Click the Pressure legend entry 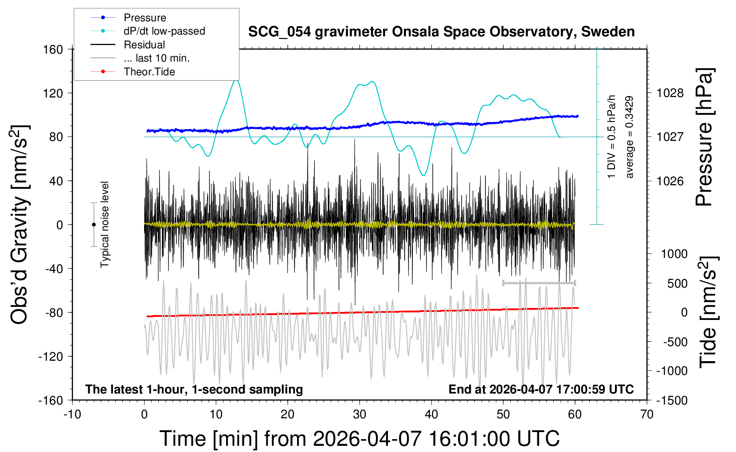(x=145, y=18)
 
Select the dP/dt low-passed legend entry (x=164, y=31)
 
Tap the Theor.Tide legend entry (x=149, y=72)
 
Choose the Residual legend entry (x=144, y=45)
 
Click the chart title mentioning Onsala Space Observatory (x=441, y=32)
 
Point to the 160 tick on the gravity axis (x=53, y=49)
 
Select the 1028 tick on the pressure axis (x=670, y=93)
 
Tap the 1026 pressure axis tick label (x=670, y=181)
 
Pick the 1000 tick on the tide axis (x=674, y=254)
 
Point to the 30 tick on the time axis (x=360, y=415)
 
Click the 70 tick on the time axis (x=647, y=415)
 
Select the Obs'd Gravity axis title (x=20, y=225)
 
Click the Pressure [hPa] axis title (x=704, y=137)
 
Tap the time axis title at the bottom (x=360, y=439)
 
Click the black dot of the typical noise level (x=94, y=225)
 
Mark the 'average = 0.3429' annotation (x=630, y=137)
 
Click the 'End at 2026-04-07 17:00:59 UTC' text (x=541, y=390)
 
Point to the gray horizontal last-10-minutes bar (x=539, y=283)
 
